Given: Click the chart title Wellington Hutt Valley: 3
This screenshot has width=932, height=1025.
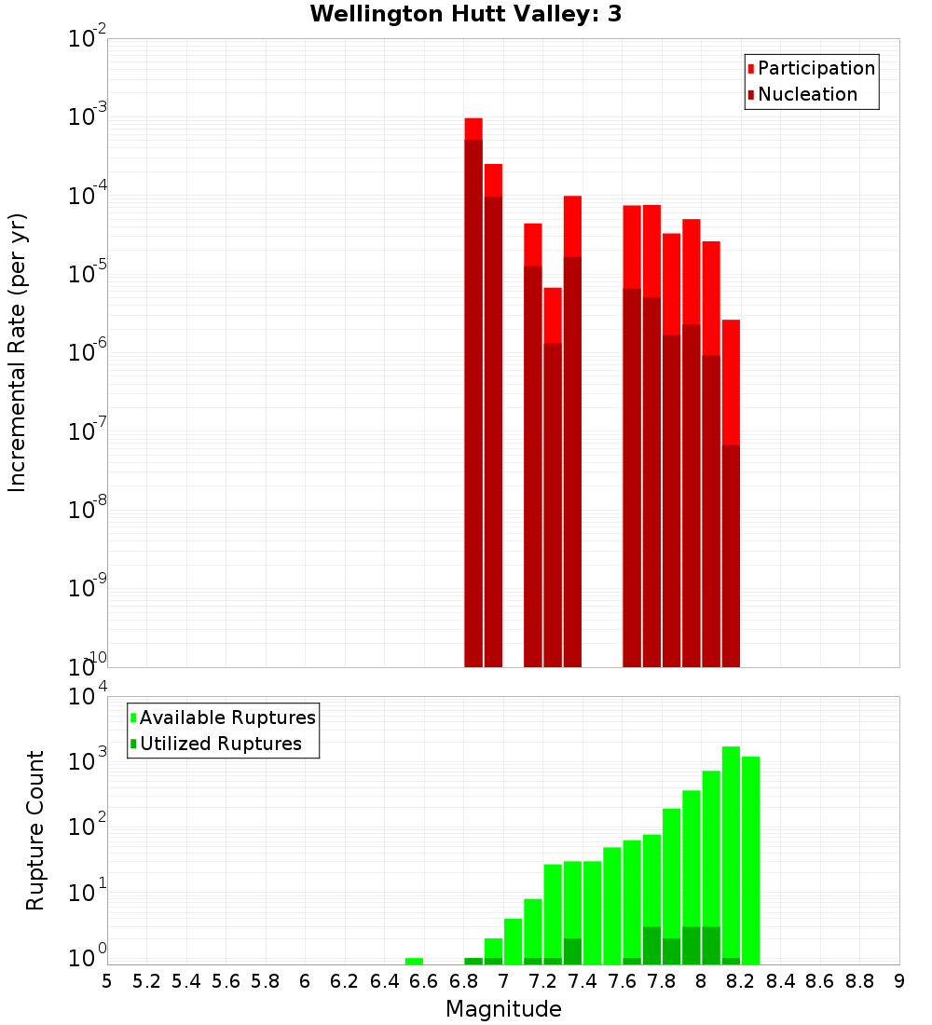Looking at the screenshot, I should coord(466,14).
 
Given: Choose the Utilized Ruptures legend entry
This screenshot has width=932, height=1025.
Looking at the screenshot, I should coord(220,744).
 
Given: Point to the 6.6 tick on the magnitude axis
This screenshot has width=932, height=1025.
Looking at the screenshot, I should coord(424,981).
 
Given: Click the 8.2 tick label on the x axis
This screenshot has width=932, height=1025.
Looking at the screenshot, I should coord(741,981).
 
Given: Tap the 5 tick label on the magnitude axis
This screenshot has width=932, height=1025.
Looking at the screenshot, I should coord(107,981).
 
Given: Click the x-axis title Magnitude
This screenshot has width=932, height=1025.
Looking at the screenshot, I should coord(503,1009).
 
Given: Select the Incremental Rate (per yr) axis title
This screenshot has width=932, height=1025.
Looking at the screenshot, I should coord(18,352).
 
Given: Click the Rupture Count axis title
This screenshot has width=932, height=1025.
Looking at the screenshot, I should coord(35,829).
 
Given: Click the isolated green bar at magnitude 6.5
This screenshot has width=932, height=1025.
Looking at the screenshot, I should coord(414,961).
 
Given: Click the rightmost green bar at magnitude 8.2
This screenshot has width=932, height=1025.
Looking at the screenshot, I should coord(750,857).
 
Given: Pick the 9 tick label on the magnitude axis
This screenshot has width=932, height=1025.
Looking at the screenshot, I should coord(898,981).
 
